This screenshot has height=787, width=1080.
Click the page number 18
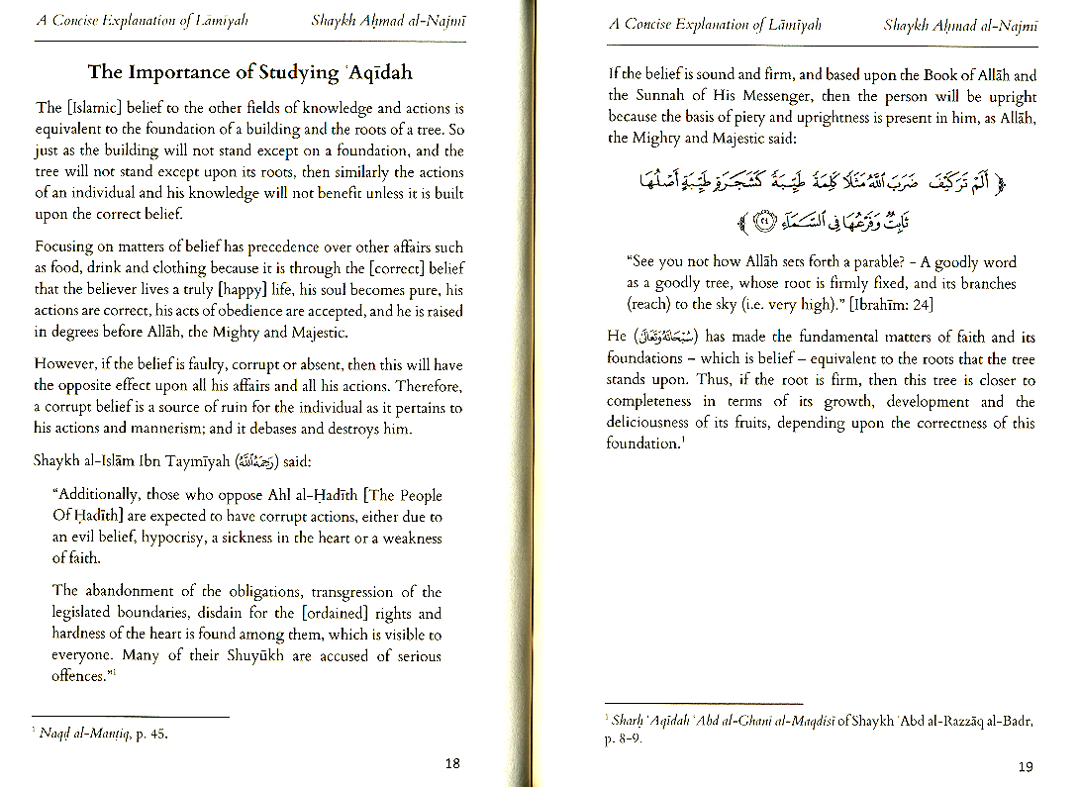[452, 762]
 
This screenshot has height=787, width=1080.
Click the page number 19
[1026, 766]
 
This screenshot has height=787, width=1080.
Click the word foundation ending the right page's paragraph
[641, 443]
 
